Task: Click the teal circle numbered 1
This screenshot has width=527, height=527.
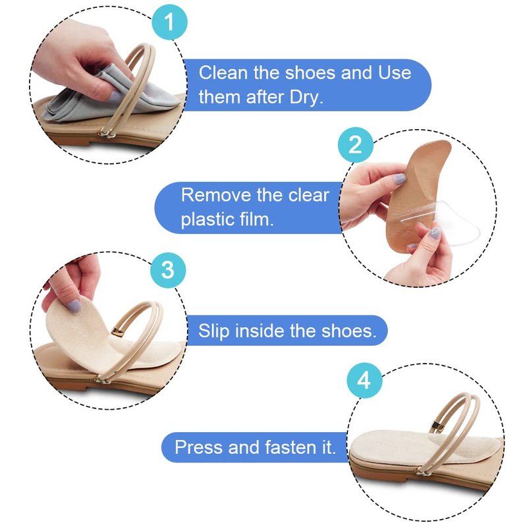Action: [169, 22]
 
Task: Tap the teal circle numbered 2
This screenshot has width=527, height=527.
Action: [355, 145]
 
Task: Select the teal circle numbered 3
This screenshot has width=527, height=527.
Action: [168, 270]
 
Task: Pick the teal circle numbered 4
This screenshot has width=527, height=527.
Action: [364, 381]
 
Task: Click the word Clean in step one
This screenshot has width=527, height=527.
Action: [223, 72]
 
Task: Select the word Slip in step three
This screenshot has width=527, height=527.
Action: [213, 331]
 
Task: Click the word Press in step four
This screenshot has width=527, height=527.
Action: [199, 447]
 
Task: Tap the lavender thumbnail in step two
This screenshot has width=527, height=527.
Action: [400, 179]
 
